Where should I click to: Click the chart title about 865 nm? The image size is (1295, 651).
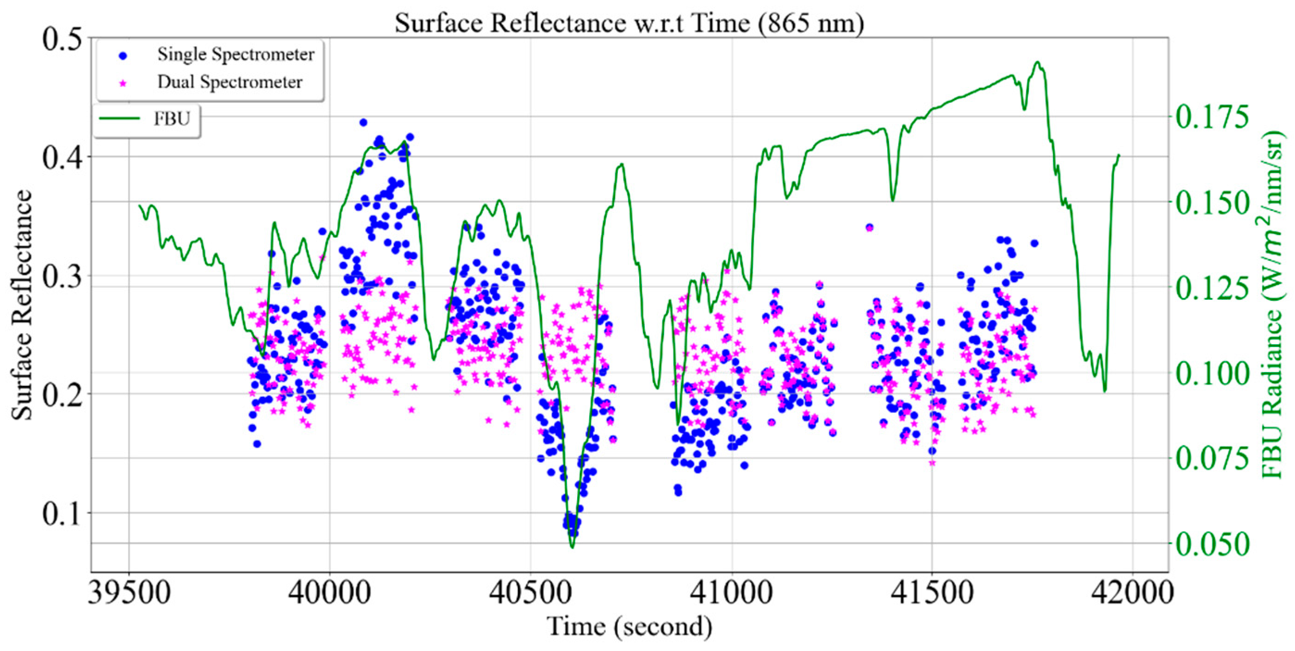click(x=629, y=23)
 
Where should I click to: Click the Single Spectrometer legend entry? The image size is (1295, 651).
click(x=235, y=54)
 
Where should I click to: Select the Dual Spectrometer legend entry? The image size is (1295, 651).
click(x=229, y=82)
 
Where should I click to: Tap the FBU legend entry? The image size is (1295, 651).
click(x=171, y=118)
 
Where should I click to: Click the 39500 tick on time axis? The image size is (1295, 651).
click(x=130, y=592)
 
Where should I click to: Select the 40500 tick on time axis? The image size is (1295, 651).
click(x=531, y=592)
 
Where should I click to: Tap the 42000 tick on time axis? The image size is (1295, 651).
click(x=1132, y=592)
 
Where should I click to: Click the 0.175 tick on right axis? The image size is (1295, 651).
click(x=1212, y=117)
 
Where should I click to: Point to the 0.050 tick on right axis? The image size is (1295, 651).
click(x=1212, y=543)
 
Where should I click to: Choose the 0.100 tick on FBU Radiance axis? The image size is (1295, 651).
click(x=1212, y=373)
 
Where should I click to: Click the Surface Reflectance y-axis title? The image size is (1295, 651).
click(x=21, y=304)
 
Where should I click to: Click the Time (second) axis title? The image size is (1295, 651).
click(x=629, y=626)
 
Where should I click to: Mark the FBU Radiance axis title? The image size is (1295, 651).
click(x=1274, y=304)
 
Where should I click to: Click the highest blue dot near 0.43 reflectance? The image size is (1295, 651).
click(x=363, y=122)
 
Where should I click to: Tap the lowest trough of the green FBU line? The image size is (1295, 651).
click(x=573, y=547)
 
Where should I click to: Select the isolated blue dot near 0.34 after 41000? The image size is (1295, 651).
click(x=869, y=227)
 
